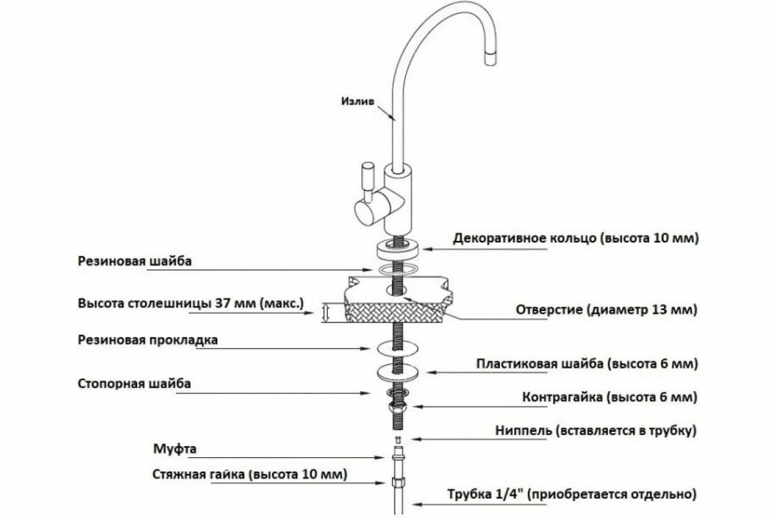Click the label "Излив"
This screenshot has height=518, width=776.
(x=357, y=100)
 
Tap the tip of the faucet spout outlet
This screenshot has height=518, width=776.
(x=491, y=60)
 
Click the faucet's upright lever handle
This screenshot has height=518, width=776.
(x=367, y=181)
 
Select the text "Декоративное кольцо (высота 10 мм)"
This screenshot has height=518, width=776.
(x=576, y=238)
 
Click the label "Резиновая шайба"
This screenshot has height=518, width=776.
(x=135, y=261)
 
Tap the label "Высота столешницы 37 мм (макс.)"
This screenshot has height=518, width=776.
(x=191, y=303)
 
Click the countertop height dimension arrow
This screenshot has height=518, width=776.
(x=326, y=313)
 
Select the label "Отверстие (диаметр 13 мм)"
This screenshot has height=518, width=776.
(x=607, y=310)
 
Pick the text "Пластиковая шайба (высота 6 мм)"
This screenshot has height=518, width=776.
(x=587, y=364)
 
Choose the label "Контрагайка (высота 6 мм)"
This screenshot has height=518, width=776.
(x=609, y=396)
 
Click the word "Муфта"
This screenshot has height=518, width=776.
(x=175, y=448)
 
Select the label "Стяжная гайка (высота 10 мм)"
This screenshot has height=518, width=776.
(x=250, y=474)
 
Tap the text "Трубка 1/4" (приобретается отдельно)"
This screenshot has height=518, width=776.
(x=571, y=495)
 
